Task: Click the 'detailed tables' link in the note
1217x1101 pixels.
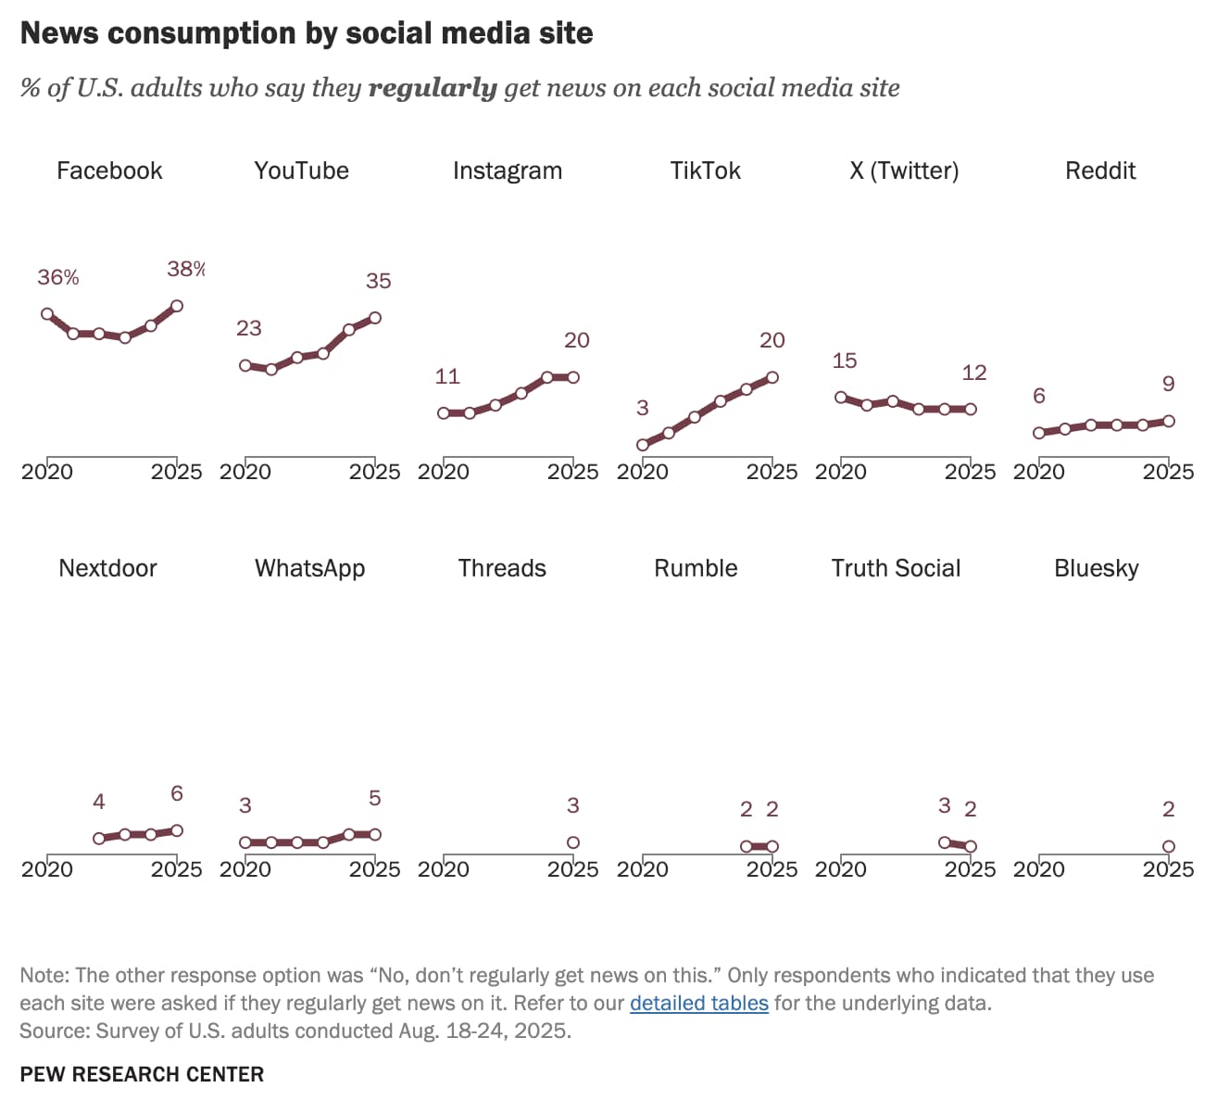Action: click(698, 1003)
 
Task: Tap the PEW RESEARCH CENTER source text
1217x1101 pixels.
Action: click(142, 1074)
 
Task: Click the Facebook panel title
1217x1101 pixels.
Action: click(109, 171)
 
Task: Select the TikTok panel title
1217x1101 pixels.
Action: click(705, 171)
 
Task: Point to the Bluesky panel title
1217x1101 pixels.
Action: click(1096, 568)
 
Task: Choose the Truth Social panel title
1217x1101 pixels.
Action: click(896, 568)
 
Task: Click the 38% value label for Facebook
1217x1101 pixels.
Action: click(185, 269)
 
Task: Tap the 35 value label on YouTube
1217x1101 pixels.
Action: click(378, 281)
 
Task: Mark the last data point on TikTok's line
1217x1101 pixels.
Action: click(772, 377)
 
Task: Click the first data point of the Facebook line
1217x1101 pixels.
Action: click(47, 314)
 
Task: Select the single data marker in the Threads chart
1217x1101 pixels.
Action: click(573, 842)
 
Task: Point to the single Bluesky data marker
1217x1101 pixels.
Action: click(1168, 846)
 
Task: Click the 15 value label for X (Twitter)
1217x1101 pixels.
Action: click(844, 361)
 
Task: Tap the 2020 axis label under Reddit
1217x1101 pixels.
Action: click(1038, 472)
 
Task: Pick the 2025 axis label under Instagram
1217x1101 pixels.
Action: click(572, 472)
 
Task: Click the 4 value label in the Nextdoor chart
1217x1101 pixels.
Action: click(99, 802)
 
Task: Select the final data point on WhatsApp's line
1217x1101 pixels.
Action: click(375, 834)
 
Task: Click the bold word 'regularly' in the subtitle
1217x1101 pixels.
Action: click(433, 88)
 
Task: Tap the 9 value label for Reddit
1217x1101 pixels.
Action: click(1168, 384)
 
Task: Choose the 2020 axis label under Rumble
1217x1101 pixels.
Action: click(642, 869)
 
